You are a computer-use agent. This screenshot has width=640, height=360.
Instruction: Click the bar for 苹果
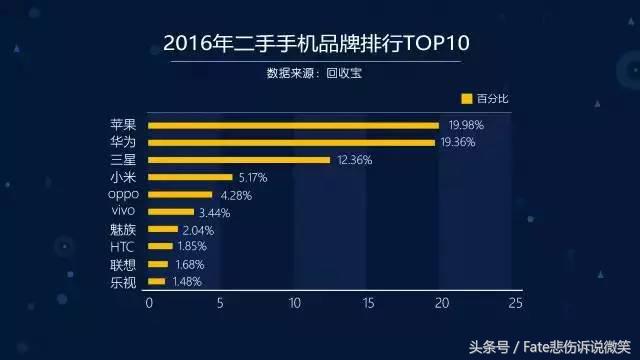click(x=293, y=126)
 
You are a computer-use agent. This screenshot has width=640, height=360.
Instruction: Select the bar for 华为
click(x=291, y=143)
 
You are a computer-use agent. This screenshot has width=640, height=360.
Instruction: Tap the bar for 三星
click(x=239, y=160)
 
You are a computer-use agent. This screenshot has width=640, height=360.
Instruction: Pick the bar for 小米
click(x=190, y=178)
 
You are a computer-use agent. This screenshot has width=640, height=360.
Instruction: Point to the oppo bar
click(x=180, y=195)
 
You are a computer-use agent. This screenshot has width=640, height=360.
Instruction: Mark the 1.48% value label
click(x=185, y=282)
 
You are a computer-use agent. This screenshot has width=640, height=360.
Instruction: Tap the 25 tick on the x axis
click(x=515, y=302)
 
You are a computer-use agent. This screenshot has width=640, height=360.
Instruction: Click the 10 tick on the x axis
click(x=295, y=302)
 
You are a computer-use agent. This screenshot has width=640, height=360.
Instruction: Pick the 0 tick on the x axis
click(x=149, y=302)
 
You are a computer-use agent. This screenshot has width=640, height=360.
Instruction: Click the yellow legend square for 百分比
click(x=466, y=99)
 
